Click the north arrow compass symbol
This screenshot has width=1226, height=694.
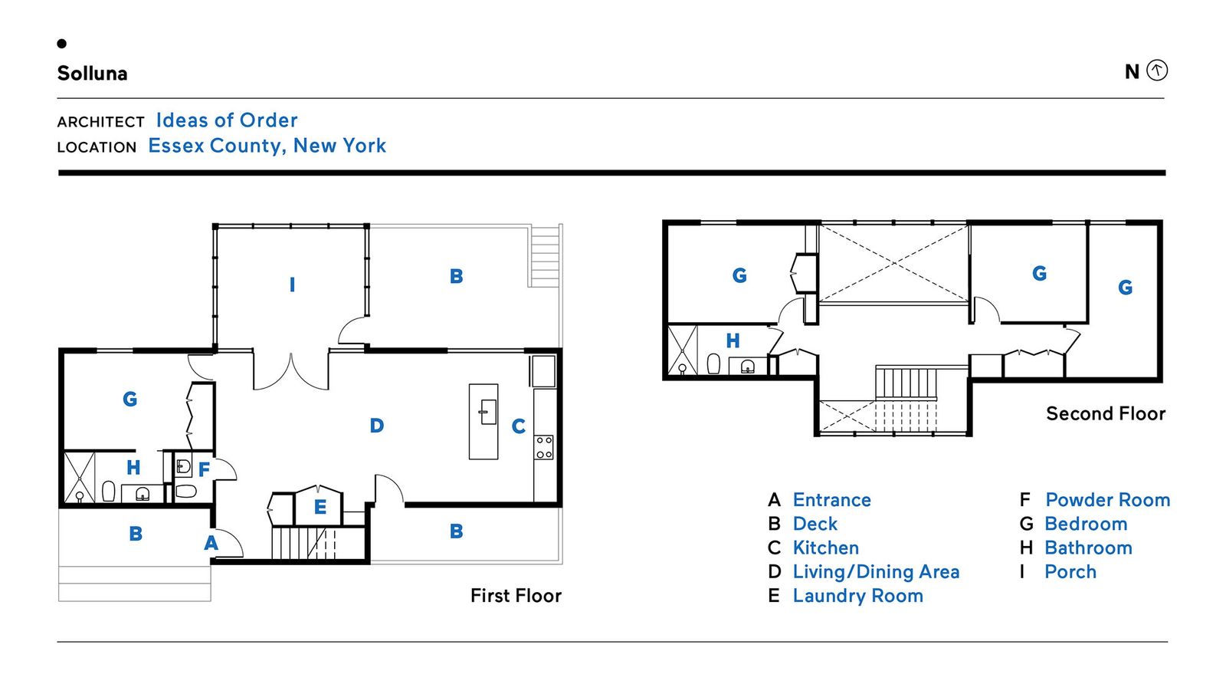1156,70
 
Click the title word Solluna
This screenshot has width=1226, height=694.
92,73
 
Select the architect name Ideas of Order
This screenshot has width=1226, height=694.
227,120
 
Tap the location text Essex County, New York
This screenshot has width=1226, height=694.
267,145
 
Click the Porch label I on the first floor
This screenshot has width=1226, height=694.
292,285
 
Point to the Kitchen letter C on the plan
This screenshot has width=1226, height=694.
518,426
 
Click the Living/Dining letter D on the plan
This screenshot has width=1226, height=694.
376,426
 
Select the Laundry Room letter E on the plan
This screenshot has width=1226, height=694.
320,507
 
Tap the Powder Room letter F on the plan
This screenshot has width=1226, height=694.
204,469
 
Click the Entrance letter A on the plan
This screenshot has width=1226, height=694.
211,543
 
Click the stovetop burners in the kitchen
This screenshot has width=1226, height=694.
544,447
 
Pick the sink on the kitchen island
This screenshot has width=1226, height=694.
487,411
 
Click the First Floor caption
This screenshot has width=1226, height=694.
516,595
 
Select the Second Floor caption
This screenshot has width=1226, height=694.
1106,413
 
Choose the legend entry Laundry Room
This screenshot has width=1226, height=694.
857,595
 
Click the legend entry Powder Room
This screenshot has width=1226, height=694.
1108,499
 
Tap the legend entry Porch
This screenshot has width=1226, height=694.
1070,572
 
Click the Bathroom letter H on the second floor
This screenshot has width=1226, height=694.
733,340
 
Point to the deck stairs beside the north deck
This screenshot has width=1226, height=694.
545,256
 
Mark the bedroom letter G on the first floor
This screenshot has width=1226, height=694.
129,399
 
